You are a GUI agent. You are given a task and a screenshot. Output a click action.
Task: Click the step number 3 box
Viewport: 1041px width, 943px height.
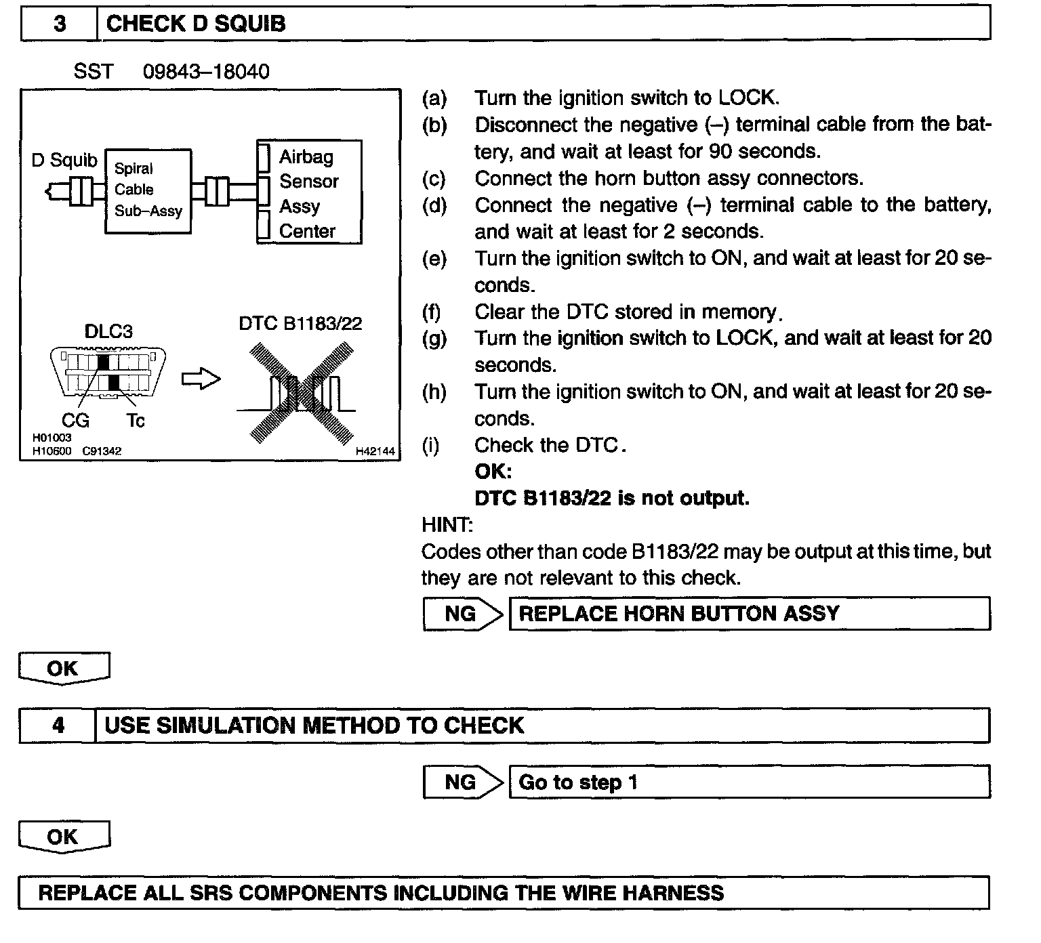click(x=60, y=24)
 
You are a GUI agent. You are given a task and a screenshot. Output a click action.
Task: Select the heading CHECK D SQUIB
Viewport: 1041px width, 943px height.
click(x=196, y=24)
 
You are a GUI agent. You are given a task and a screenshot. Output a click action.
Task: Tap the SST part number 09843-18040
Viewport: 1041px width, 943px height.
click(x=206, y=71)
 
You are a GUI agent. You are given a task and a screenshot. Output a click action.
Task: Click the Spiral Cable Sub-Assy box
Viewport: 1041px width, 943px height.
click(x=148, y=191)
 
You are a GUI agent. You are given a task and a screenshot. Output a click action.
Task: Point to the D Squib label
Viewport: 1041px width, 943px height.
click(x=64, y=160)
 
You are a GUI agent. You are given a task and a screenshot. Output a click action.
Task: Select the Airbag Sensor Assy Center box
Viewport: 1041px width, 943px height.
click(x=309, y=192)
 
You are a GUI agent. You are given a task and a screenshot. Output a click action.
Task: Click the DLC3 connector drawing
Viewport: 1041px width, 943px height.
click(x=108, y=372)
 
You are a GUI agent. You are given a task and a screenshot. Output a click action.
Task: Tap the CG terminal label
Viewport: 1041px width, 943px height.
click(x=75, y=421)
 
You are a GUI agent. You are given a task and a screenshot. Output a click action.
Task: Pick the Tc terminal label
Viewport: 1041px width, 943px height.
click(x=136, y=421)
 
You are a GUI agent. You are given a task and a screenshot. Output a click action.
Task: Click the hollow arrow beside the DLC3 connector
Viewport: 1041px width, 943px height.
click(x=201, y=379)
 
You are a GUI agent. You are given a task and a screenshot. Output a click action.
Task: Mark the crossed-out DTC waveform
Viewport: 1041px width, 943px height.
click(x=300, y=393)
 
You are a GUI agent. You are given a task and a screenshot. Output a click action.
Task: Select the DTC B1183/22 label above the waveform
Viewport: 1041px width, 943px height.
click(x=300, y=323)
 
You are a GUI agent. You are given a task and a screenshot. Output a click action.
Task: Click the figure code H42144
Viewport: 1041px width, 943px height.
click(x=375, y=450)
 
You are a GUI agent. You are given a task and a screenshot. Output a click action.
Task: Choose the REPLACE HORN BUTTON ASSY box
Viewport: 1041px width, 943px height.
click(x=749, y=614)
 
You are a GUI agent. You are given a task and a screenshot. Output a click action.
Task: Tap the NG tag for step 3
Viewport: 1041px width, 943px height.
click(x=461, y=614)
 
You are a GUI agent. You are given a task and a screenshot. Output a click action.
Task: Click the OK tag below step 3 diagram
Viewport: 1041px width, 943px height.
click(x=63, y=669)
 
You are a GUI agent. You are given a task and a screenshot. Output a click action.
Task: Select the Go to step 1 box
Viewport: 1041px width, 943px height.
click(x=749, y=782)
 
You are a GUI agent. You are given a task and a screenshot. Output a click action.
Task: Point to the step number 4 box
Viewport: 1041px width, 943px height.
click(x=58, y=726)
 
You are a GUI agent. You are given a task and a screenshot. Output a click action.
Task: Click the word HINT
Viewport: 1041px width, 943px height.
click(x=447, y=525)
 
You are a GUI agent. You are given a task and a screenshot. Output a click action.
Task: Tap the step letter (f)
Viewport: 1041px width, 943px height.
click(x=432, y=312)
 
